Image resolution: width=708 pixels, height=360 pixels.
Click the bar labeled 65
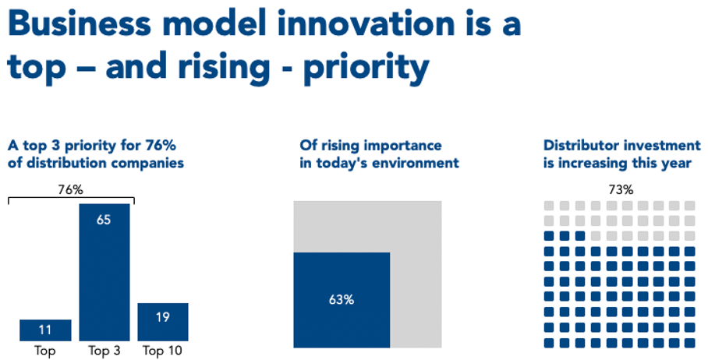coord(104,272)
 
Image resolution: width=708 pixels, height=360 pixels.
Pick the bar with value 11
coord(45,330)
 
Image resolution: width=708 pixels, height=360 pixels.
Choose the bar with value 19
coord(163,321)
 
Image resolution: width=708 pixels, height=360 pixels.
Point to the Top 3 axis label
coord(104,351)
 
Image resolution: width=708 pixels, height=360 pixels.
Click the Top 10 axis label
coord(163,351)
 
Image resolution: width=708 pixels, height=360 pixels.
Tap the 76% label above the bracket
coord(72,189)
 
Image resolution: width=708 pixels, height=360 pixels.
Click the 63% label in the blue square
coord(341,299)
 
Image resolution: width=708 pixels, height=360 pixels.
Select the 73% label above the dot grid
coord(621,189)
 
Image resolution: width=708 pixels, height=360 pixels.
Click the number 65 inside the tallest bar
coord(104,220)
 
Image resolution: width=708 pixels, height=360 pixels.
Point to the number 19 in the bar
coord(163,317)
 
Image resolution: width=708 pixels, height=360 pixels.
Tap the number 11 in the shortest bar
coord(45,330)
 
